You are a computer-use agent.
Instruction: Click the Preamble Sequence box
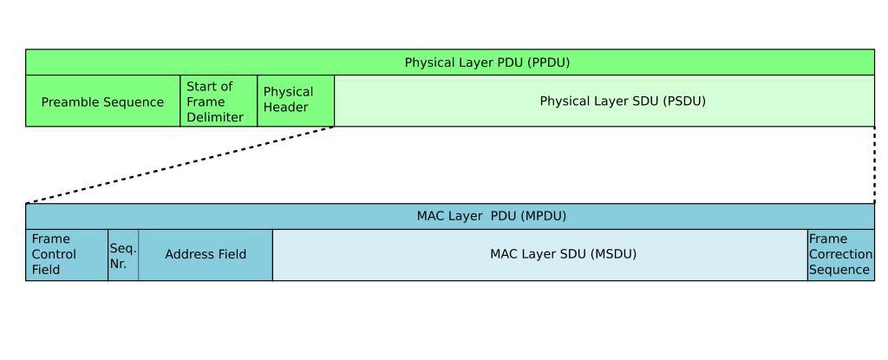[x=102, y=101]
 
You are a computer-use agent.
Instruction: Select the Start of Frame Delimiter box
[x=219, y=101]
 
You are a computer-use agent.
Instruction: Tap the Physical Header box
[x=296, y=100]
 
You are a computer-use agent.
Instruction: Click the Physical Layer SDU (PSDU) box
[x=604, y=101]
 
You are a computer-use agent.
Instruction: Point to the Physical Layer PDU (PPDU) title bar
[x=450, y=62]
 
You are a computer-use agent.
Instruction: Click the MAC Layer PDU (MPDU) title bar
[x=450, y=216]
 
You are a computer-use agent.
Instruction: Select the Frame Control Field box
[x=67, y=254]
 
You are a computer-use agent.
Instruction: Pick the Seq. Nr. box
[x=123, y=255]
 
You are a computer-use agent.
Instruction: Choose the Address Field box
[x=206, y=254]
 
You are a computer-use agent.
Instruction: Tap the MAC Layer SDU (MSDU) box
[x=539, y=254]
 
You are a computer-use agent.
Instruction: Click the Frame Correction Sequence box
[x=840, y=254]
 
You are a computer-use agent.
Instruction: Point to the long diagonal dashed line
[x=180, y=165]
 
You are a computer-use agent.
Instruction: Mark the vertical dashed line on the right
[x=874, y=165]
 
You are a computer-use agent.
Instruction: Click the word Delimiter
[x=215, y=117]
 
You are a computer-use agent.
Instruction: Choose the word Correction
[x=840, y=254]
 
